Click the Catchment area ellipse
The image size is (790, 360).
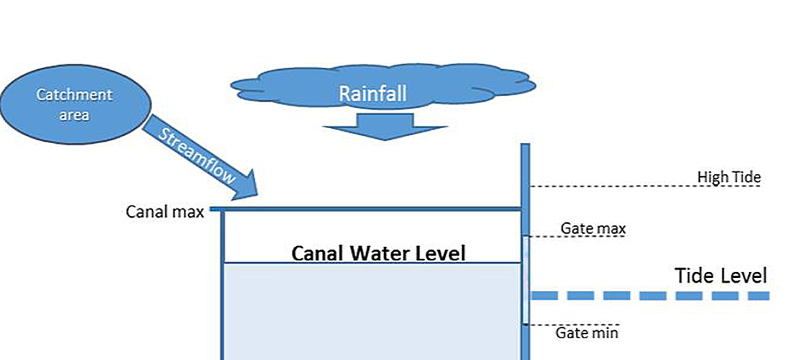[x=75, y=104]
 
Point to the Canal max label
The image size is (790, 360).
[x=165, y=212]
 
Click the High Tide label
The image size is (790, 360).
[x=729, y=178]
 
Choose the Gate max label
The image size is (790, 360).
[x=593, y=228]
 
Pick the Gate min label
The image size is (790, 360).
[x=587, y=333]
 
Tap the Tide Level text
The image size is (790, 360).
[x=721, y=276]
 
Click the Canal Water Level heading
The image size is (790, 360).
[x=378, y=254]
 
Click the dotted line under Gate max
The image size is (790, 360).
[x=576, y=237]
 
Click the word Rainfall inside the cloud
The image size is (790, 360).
[x=372, y=94]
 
